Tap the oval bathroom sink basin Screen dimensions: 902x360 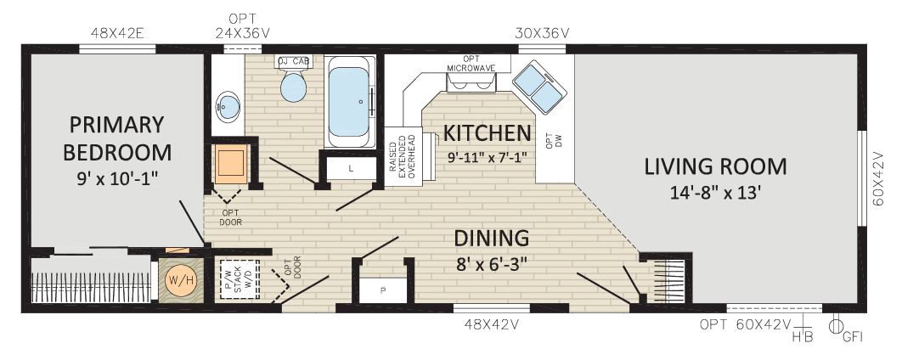228,106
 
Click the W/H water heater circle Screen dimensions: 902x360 177,281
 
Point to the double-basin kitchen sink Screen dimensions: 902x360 539,87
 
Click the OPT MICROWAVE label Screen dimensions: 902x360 471,64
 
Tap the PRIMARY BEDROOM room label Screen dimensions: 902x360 117,138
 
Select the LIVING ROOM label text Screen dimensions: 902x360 715,166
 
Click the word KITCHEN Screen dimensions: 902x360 487,132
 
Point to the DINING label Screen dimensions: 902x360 491,238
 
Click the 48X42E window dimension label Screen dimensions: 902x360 116,33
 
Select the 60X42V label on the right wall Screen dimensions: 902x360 877,178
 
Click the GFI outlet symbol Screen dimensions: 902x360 834,326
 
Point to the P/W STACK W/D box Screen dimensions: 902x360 240,280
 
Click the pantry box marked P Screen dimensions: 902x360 382,290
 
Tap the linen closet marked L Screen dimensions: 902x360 350,168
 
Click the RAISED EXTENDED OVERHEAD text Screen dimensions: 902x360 402,157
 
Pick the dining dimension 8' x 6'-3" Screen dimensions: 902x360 492,265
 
